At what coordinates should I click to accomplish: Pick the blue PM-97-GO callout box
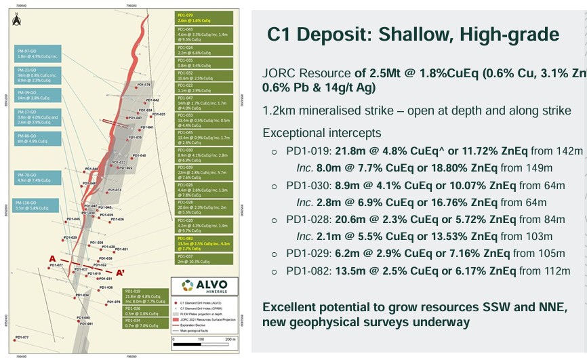click(39, 54)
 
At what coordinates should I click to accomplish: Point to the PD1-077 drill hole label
click(21, 337)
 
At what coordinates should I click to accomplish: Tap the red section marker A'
click(120, 273)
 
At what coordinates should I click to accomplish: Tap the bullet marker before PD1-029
click(275, 254)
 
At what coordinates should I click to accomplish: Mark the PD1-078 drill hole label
click(113, 302)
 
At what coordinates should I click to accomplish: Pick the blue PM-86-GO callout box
click(39, 139)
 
